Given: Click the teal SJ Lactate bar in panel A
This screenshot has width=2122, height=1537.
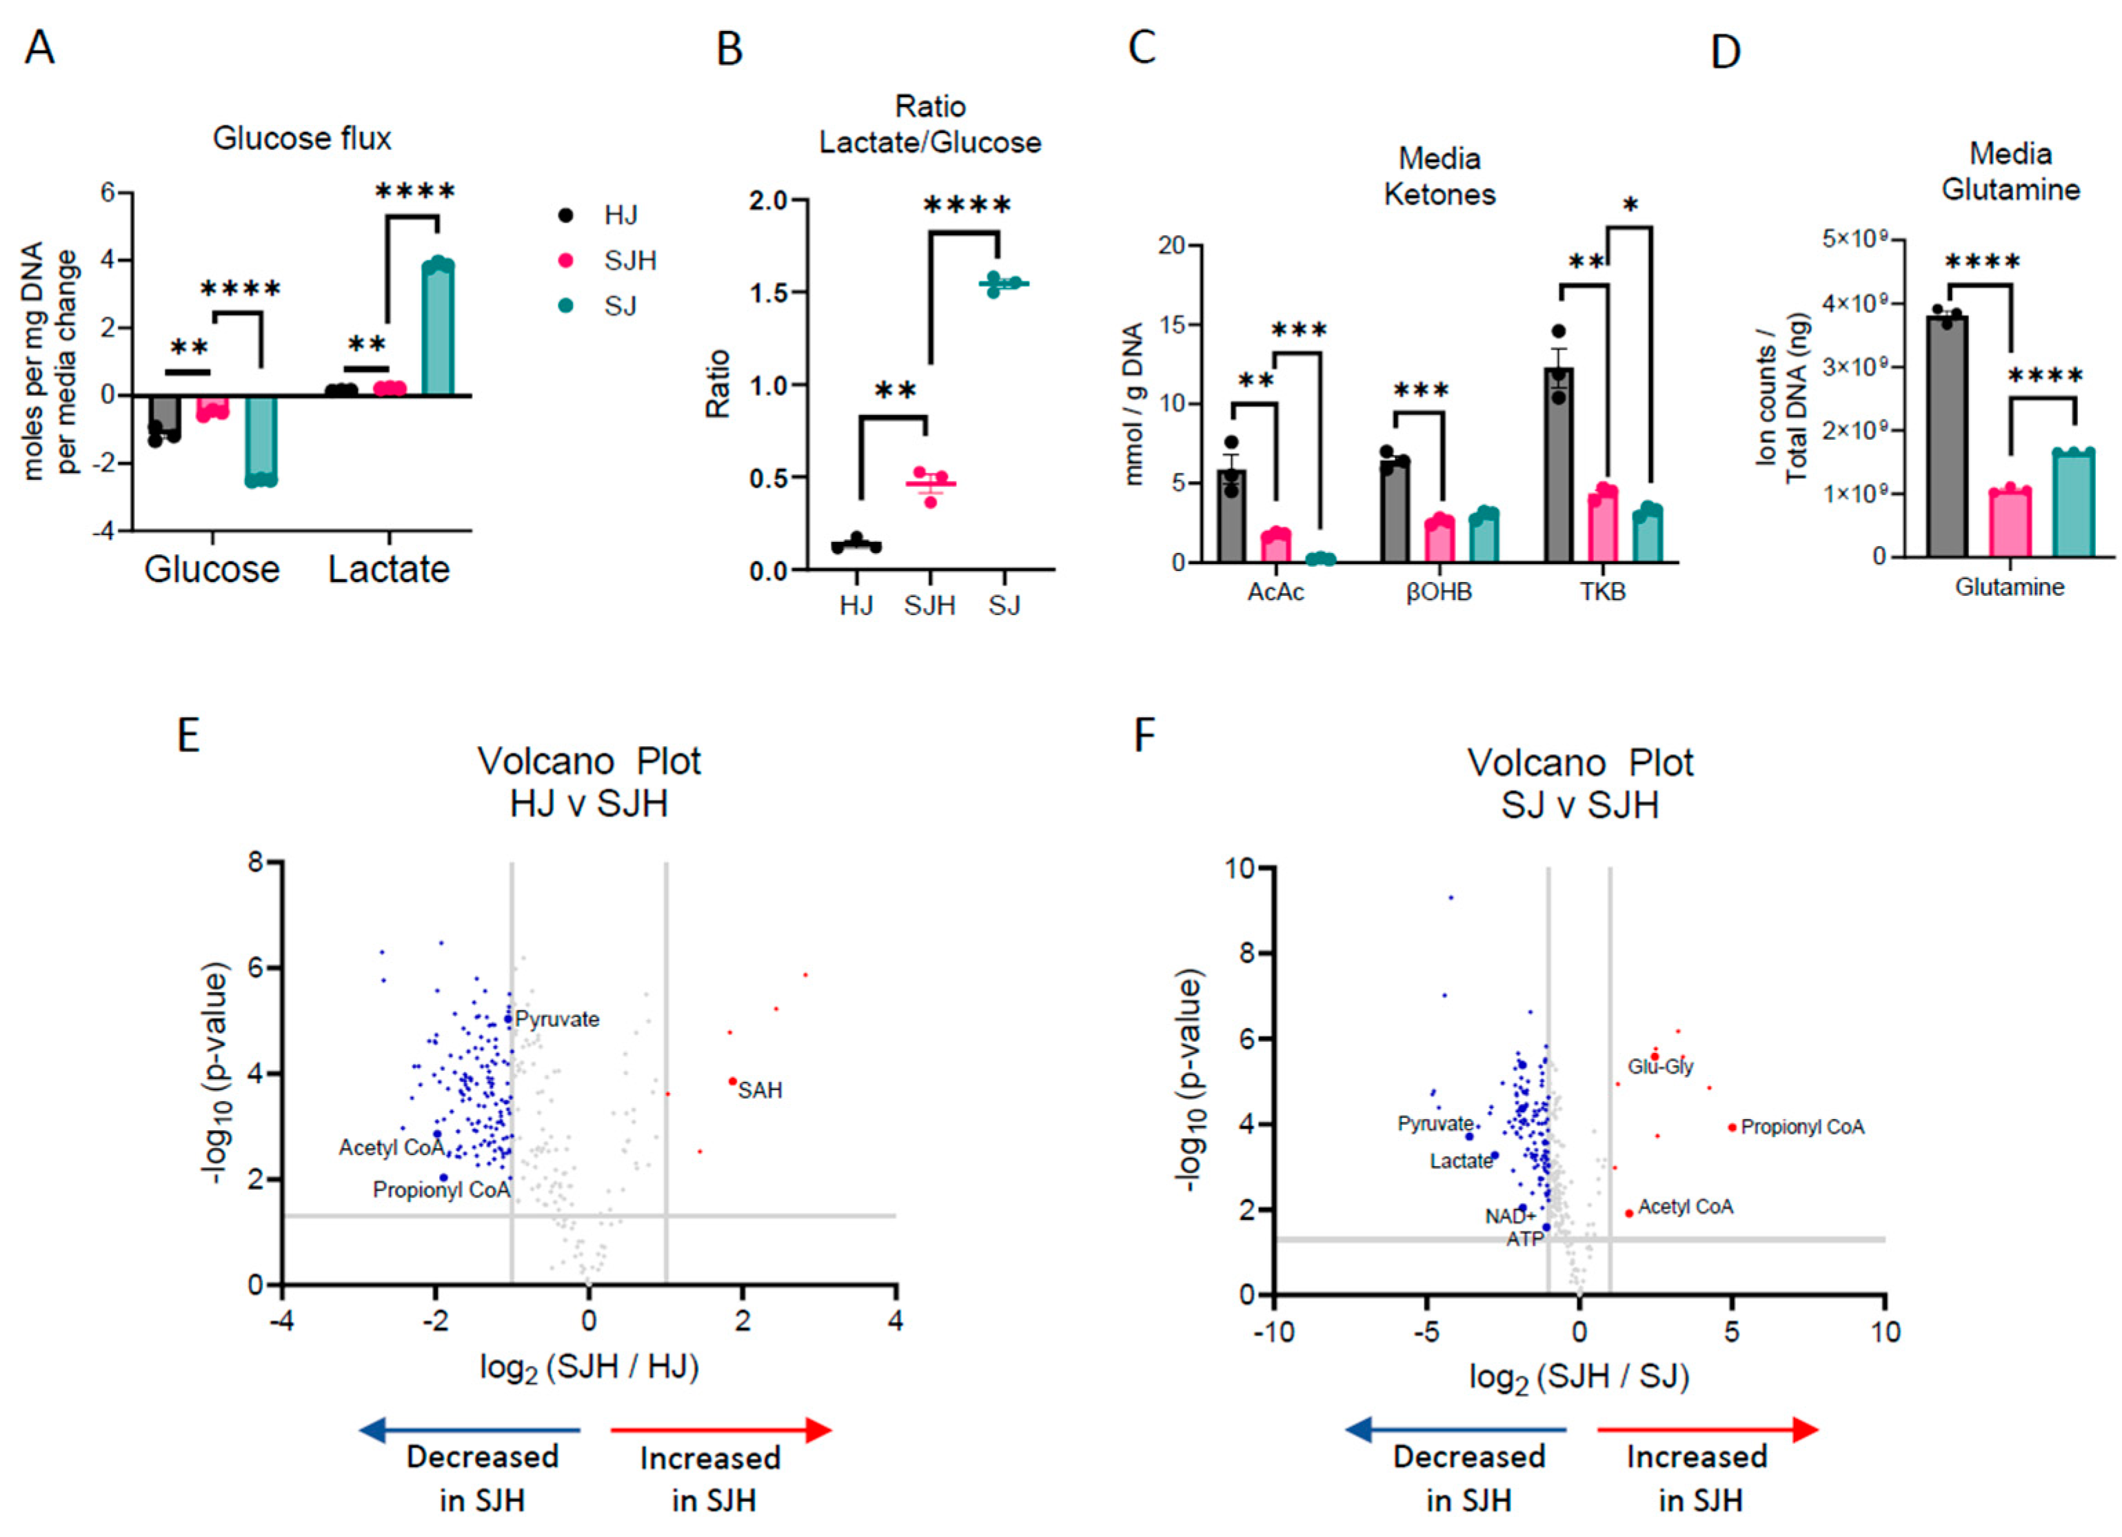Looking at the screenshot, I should pos(437,330).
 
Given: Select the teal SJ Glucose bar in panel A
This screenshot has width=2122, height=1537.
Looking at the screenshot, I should pos(261,438).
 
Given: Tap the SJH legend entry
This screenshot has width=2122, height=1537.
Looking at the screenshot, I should pos(629,260).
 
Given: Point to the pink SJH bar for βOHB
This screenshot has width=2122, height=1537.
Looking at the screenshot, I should pos(1438,539).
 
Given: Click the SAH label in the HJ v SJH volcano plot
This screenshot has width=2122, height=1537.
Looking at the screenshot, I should pos(759,1090).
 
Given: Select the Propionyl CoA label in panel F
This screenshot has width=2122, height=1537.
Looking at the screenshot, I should pos(1802,1127).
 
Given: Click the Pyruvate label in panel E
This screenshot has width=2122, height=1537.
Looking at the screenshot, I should pos(558,1019).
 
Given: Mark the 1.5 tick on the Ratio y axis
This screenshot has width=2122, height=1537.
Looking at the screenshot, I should pos(770,293).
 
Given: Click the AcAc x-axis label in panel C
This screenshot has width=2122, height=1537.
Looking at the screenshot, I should pos(1275,592).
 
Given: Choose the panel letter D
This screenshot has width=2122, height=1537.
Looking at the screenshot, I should pos(1726,52).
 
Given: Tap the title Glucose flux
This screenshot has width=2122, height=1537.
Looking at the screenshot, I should pos(301,139).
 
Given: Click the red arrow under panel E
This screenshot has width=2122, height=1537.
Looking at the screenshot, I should pos(720,1430).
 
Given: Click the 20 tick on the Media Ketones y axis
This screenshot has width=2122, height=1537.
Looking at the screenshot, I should pos(1172,246).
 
